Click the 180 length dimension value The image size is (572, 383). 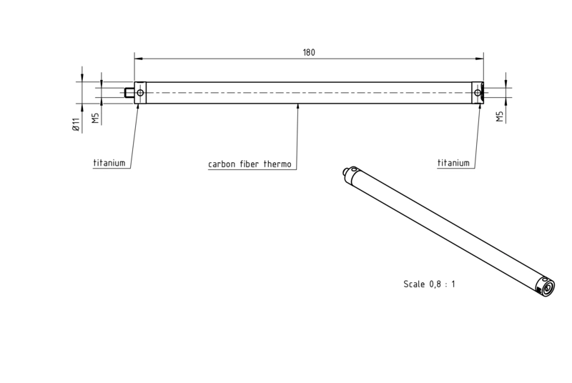tap(309, 52)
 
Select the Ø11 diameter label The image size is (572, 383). tap(76, 124)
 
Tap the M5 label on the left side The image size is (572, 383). tap(95, 118)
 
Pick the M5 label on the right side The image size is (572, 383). tap(499, 116)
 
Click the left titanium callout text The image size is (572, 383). tap(109, 163)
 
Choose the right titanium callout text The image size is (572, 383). tap(453, 163)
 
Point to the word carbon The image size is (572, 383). tap(222, 164)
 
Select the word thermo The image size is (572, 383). tap(277, 164)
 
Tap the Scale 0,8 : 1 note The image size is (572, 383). tap(430, 284)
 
